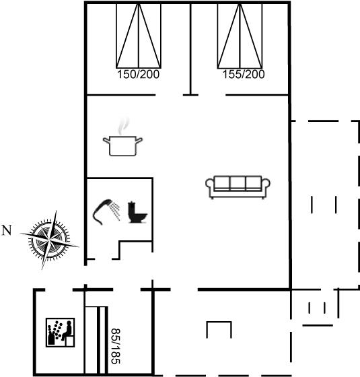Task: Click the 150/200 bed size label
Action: [x=138, y=74]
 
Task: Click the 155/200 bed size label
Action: [x=244, y=74]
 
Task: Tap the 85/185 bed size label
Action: [x=115, y=346]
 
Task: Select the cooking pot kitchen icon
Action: [x=122, y=145]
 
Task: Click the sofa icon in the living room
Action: [x=238, y=187]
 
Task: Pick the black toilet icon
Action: [x=137, y=212]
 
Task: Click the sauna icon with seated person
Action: [x=61, y=333]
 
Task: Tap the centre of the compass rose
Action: [x=49, y=240]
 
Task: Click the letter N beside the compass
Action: [x=7, y=230]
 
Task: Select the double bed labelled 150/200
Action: [x=139, y=36]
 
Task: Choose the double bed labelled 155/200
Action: [x=240, y=36]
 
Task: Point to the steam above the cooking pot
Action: [x=124, y=126]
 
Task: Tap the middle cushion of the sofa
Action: [x=238, y=183]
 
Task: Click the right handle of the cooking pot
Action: [x=139, y=140]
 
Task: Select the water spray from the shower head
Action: [x=116, y=211]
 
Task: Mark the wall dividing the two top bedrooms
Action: [x=190, y=49]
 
